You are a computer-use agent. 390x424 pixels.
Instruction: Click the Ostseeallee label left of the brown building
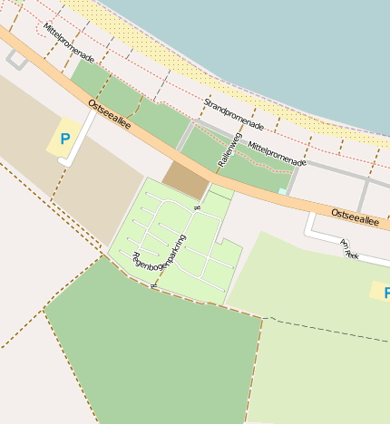pyautogui.click(x=110, y=114)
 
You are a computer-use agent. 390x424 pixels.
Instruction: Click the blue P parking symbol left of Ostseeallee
pyautogui.click(x=64, y=140)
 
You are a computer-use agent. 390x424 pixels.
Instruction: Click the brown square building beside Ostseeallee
pyautogui.click(x=185, y=179)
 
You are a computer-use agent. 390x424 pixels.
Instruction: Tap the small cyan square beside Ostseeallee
pyautogui.click(x=282, y=191)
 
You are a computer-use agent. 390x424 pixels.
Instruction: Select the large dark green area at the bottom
pyautogui.click(x=154, y=353)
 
